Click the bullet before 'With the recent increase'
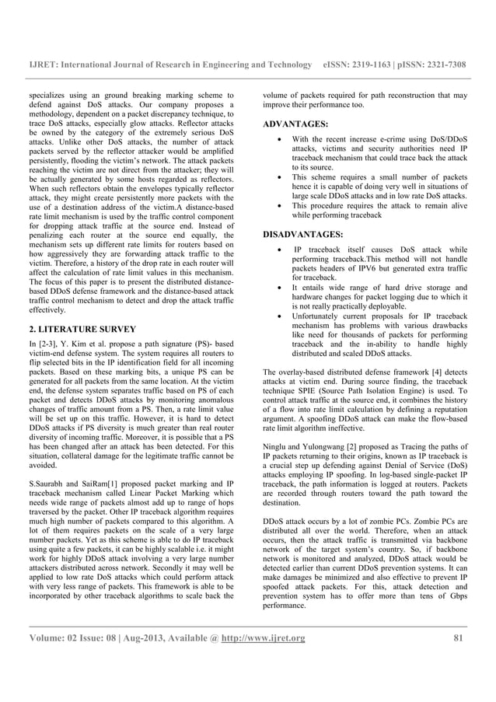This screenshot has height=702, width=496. pyautogui.click(x=278, y=140)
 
